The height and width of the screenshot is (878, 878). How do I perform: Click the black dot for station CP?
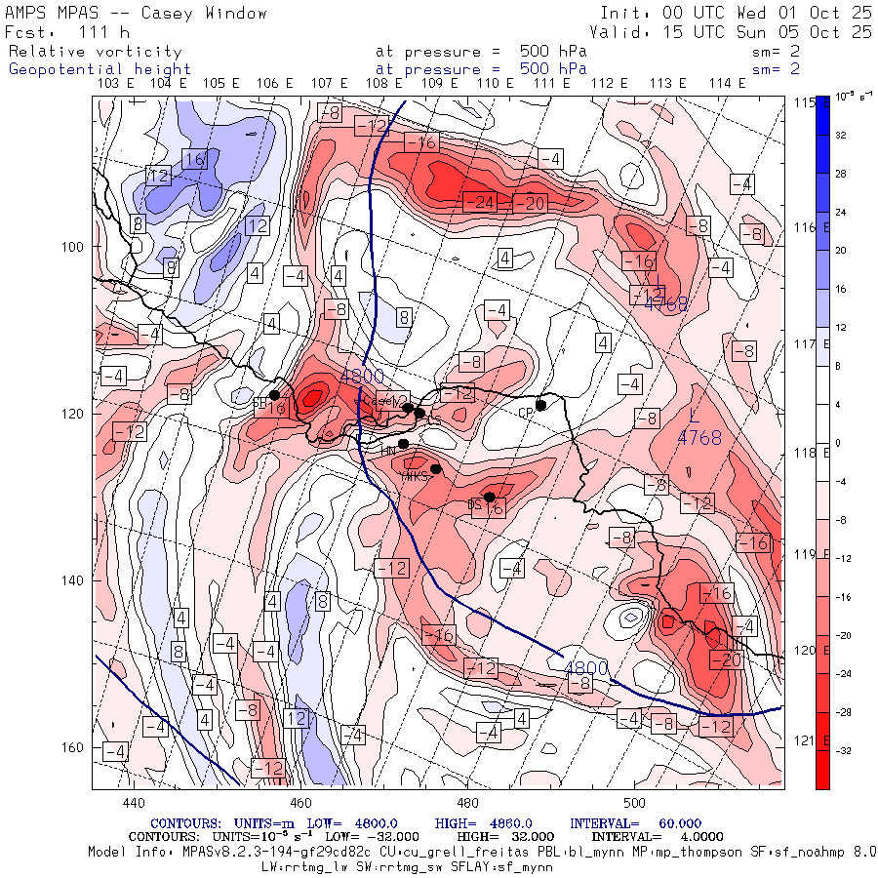click(540, 405)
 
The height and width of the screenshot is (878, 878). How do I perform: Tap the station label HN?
click(388, 450)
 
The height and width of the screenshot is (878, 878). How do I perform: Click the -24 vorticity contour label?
click(482, 203)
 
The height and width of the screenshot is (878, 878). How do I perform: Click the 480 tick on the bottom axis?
click(468, 803)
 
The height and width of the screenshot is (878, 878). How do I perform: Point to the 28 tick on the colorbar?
click(839, 173)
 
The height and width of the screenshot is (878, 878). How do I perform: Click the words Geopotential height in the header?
click(100, 69)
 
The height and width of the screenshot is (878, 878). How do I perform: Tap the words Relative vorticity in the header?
click(95, 52)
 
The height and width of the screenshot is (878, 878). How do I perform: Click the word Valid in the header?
click(621, 32)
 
